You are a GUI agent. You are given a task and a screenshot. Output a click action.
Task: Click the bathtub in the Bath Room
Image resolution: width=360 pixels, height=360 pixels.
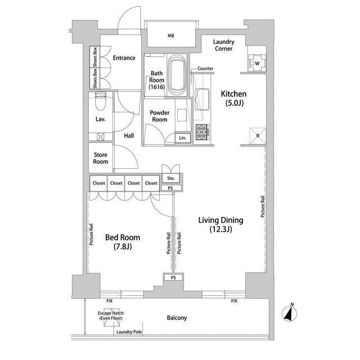[x=176, y=74]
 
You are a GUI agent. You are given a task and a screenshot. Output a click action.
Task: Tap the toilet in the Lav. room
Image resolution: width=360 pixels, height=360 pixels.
[x=100, y=101]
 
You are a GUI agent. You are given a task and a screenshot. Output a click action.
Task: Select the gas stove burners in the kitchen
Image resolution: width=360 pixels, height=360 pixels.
[x=202, y=132]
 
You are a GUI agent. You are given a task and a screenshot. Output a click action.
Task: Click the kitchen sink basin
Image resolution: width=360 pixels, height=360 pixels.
[x=202, y=100]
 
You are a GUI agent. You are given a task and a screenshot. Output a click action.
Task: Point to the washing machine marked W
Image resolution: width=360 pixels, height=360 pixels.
[x=256, y=63]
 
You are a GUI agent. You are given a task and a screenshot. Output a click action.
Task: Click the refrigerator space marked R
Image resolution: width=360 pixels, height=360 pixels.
[x=258, y=136]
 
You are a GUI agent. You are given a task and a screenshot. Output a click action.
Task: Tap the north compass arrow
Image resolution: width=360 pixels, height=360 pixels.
[x=289, y=313]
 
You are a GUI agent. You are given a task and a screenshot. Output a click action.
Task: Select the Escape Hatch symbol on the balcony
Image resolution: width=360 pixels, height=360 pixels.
[x=111, y=317]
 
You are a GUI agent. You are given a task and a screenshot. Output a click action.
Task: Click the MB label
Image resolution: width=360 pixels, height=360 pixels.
[x=171, y=36]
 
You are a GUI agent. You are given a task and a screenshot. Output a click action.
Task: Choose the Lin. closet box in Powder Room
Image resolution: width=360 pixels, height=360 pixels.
[x=183, y=138]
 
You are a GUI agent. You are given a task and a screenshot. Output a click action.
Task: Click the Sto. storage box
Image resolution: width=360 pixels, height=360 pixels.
[x=171, y=178]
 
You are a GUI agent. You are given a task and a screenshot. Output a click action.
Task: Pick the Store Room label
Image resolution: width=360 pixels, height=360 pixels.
[x=101, y=158]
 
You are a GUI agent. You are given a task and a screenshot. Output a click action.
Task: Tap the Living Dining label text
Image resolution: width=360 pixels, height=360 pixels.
[x=220, y=220]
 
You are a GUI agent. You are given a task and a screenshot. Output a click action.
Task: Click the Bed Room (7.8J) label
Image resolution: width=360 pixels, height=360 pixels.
[x=123, y=242]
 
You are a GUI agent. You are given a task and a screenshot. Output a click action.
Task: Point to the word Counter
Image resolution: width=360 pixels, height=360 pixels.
[x=205, y=69]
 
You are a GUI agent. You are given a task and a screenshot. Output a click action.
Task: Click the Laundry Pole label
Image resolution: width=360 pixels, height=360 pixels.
[x=129, y=332]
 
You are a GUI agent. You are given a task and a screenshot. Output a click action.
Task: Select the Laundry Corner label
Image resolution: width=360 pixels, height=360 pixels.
[x=224, y=45]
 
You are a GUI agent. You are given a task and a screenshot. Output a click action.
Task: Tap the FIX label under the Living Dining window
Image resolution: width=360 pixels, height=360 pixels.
[x=234, y=301]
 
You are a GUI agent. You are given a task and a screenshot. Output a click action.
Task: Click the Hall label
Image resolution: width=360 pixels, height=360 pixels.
[x=129, y=136]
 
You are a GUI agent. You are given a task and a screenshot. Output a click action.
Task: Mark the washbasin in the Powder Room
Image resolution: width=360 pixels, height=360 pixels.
[x=182, y=115]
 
